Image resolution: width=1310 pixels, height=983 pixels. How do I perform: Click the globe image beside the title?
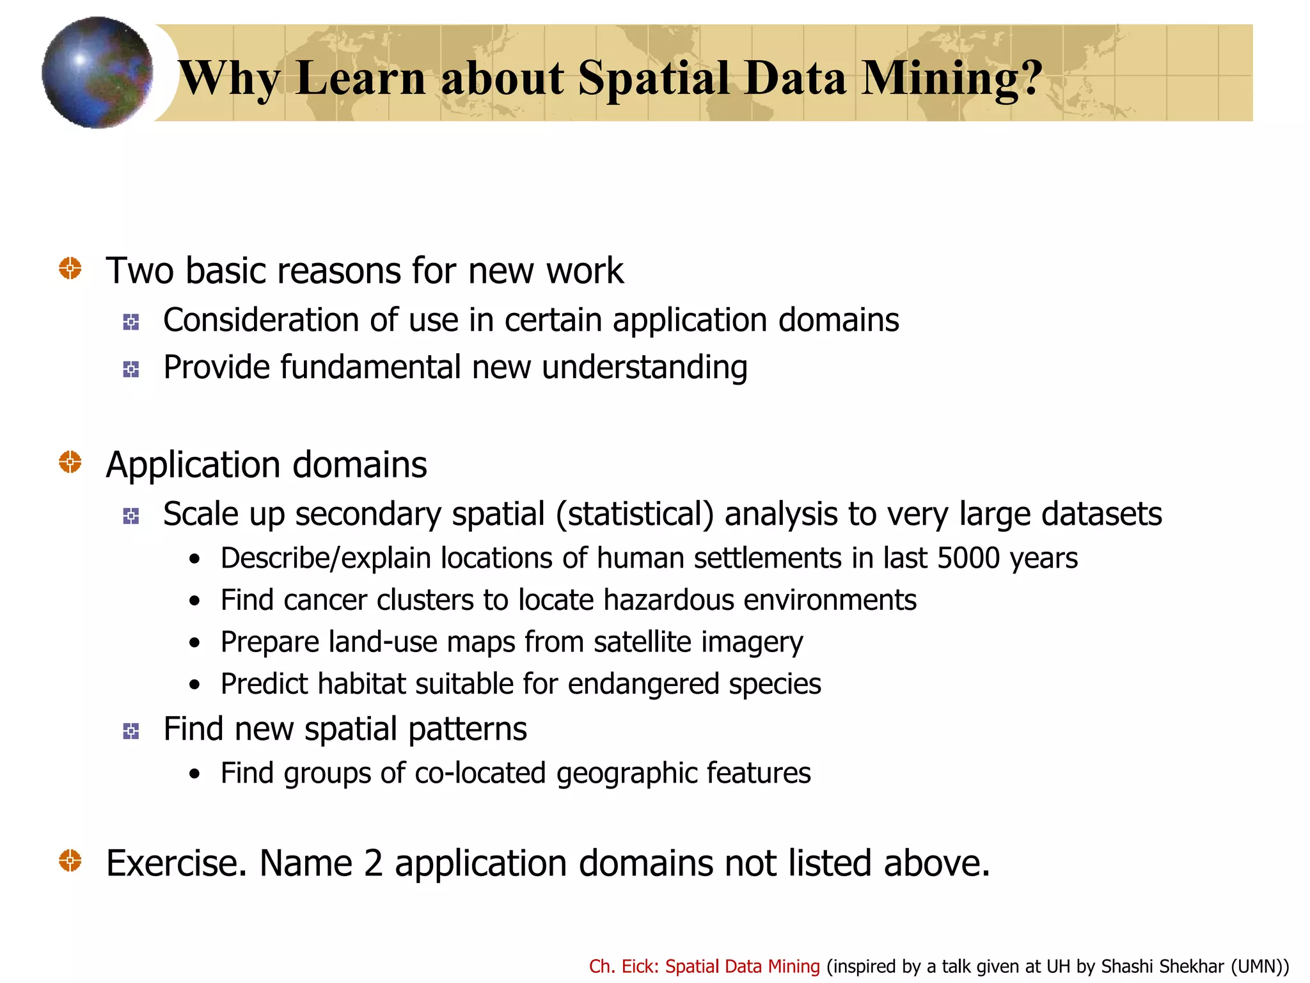pyautogui.click(x=97, y=72)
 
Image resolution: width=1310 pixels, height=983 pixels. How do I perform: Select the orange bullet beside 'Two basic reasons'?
pyautogui.click(x=70, y=268)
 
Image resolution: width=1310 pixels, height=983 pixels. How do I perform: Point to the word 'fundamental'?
pyautogui.click(x=370, y=367)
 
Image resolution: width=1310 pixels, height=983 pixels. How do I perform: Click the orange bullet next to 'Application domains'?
pyautogui.click(x=70, y=461)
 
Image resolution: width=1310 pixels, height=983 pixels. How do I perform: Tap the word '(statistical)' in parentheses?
pyautogui.click(x=635, y=514)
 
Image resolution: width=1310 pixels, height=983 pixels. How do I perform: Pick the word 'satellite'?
pyautogui.click(x=642, y=642)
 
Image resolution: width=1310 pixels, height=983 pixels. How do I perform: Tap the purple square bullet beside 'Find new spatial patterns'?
pyautogui.click(x=131, y=731)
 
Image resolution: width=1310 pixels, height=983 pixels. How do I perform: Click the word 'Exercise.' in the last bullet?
pyautogui.click(x=177, y=863)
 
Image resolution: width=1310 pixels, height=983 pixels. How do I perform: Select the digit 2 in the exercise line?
pyautogui.click(x=373, y=863)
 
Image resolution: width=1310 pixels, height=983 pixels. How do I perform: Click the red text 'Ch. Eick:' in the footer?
pyautogui.click(x=624, y=966)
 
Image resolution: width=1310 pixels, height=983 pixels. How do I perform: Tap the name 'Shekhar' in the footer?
pyautogui.click(x=1194, y=966)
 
